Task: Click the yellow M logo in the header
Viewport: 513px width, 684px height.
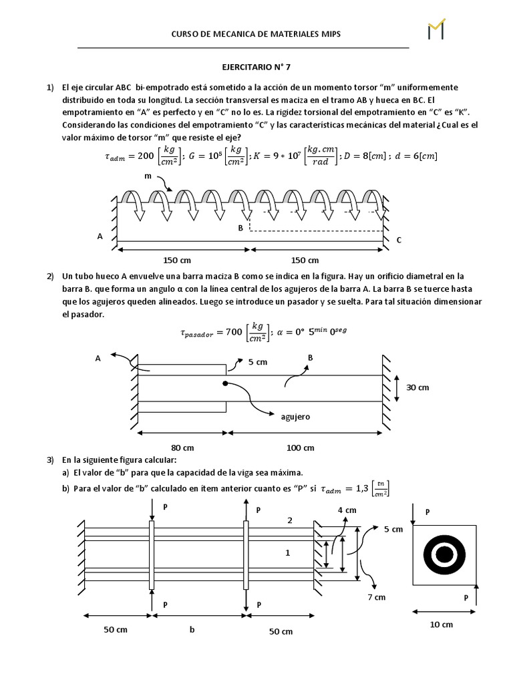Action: [x=436, y=29]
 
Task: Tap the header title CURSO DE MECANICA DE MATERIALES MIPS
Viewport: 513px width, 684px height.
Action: [x=256, y=33]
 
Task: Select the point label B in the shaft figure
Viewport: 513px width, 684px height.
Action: [x=240, y=228]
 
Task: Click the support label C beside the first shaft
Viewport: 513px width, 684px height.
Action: [x=399, y=240]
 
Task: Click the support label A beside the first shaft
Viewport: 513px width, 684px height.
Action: [x=100, y=236]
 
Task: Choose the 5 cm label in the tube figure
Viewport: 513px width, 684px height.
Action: [x=259, y=362]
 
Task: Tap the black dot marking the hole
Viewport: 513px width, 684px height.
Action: [x=226, y=383]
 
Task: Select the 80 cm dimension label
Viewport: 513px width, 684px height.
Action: [x=182, y=448]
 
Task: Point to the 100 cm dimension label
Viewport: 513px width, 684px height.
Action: [x=301, y=448]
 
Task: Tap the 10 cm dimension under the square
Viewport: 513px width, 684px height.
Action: [x=442, y=625]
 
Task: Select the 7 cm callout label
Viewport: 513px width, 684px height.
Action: [x=377, y=596]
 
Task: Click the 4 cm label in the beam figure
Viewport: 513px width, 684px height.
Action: [x=347, y=510]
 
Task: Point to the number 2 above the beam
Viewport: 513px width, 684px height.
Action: [x=289, y=520]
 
